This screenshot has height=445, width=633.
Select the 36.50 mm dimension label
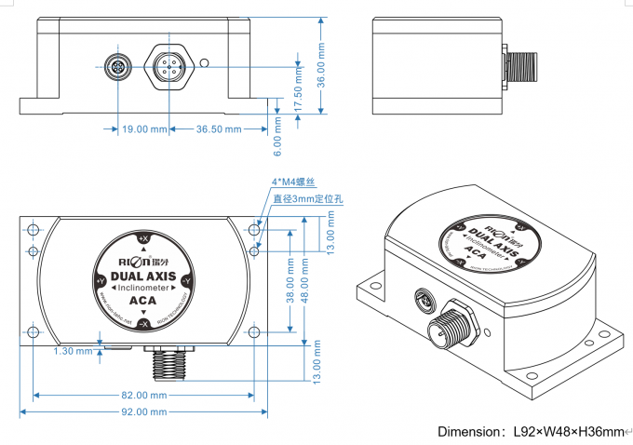[219, 129]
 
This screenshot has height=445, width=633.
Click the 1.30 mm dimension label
[74, 351]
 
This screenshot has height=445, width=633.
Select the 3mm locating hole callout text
[308, 197]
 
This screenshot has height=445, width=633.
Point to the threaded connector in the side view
[518, 66]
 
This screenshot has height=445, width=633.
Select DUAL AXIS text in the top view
[142, 276]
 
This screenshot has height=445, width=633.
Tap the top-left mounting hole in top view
[34, 230]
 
